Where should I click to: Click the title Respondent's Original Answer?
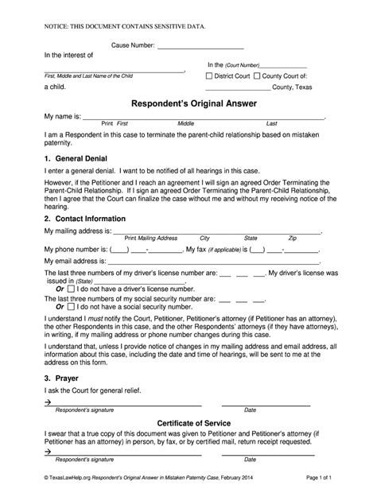click(188, 103)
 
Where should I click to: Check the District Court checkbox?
click(209, 76)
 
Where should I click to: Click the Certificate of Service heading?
click(188, 445)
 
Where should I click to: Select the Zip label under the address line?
click(292, 239)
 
